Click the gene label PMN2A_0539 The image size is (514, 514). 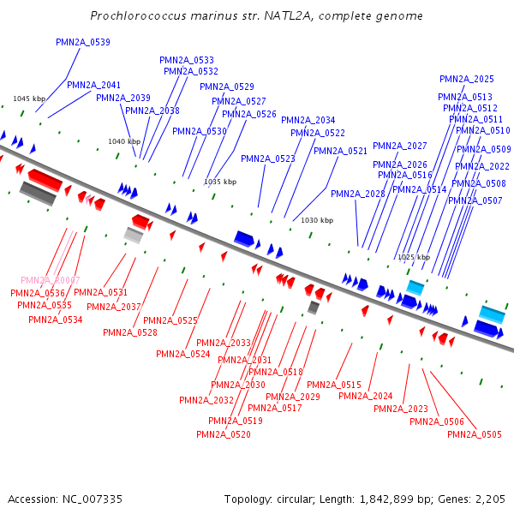(83, 42)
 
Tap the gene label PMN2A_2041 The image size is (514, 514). (94, 85)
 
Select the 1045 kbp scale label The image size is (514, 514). (28, 99)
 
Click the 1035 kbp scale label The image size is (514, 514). (220, 182)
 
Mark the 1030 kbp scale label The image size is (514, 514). (317, 220)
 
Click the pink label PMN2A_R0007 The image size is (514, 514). (51, 280)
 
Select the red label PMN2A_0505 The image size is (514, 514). (475, 434)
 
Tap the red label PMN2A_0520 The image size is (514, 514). (224, 434)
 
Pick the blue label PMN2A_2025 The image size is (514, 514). (467, 79)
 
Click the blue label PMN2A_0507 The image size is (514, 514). (475, 200)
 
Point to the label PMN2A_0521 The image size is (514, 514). (340, 151)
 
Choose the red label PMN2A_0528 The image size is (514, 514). (130, 332)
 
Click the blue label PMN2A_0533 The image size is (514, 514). (187, 60)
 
